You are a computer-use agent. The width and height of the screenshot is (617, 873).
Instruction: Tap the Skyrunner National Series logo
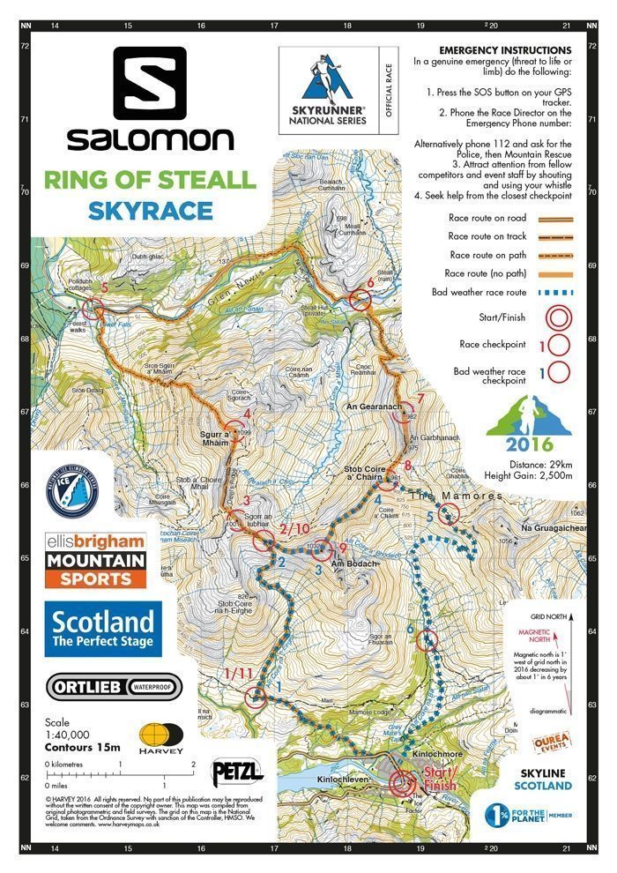point(329,86)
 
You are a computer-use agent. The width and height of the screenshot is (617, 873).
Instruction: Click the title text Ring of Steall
point(150,181)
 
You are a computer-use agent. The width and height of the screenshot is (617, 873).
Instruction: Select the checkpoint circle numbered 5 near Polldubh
point(95,309)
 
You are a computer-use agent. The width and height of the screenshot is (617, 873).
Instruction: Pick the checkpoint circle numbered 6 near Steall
point(359,301)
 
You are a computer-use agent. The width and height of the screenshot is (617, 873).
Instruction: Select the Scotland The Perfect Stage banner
point(104,630)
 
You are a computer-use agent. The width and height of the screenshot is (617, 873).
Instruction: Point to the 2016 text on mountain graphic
point(529,445)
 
